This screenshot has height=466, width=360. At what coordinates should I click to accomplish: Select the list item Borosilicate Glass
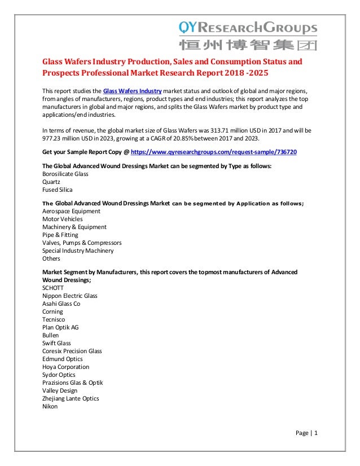(65, 174)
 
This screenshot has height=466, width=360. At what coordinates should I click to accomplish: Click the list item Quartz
(52, 182)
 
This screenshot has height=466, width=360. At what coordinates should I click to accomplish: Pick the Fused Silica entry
(58, 190)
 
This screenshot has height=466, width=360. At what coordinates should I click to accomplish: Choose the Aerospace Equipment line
(71, 211)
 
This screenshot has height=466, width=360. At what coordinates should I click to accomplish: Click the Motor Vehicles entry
(62, 219)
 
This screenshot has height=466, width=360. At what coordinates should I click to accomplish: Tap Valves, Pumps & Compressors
(81, 243)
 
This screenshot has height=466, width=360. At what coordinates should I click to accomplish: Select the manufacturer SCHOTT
(53, 288)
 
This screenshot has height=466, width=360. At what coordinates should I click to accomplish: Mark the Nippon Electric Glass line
(69, 296)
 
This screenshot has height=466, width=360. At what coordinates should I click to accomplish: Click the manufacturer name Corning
(52, 311)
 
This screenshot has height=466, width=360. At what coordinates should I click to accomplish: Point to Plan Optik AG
(60, 327)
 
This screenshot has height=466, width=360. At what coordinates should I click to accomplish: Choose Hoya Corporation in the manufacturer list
(66, 367)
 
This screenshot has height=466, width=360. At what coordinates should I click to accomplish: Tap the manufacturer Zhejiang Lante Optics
(71, 398)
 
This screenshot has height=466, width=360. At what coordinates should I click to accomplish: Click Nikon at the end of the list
(50, 406)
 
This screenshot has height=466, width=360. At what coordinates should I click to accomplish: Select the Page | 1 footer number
(307, 433)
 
